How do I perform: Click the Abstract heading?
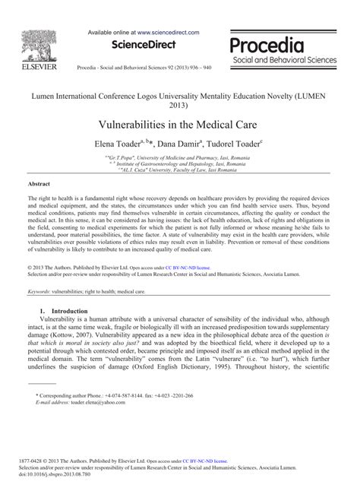[39, 184]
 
